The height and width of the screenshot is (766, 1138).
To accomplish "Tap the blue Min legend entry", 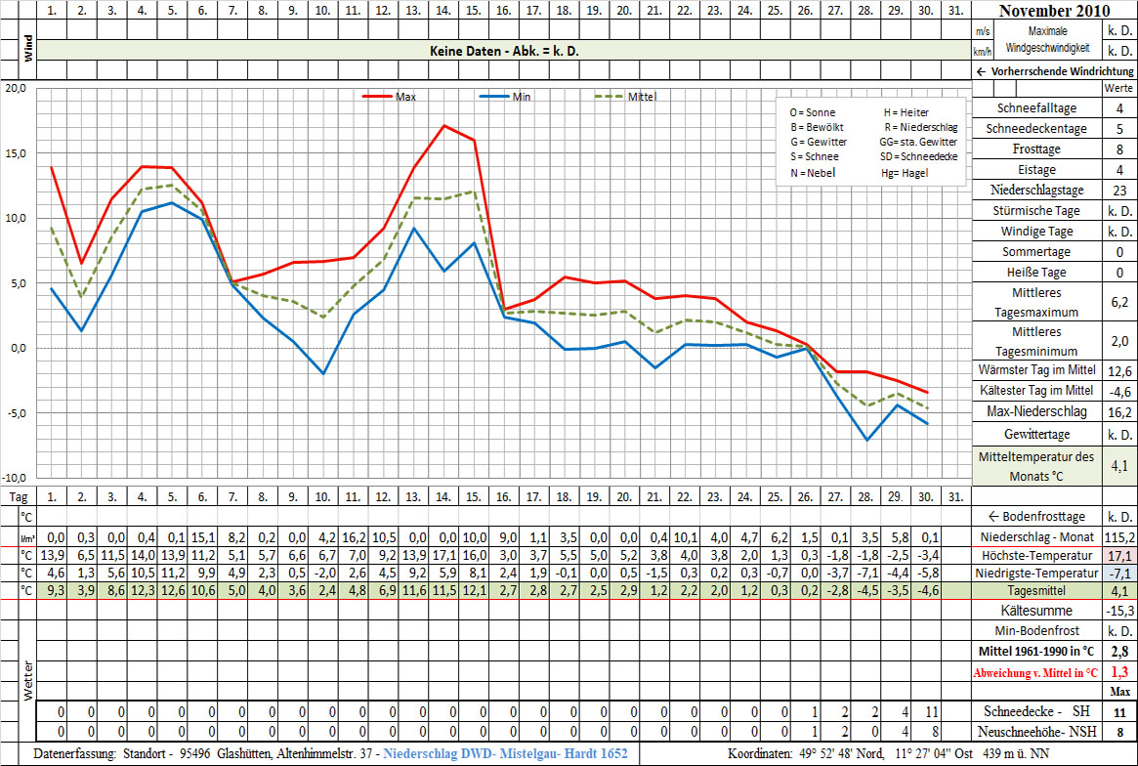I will point(507,97).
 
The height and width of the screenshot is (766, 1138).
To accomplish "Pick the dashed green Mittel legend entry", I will point(625,97).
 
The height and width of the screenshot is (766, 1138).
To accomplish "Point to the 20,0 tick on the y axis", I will point(14,88).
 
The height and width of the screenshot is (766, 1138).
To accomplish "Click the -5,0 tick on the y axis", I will point(14,413).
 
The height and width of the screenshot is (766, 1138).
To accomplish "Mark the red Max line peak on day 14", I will point(444,125).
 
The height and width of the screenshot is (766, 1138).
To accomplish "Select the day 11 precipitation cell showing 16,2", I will point(355,537).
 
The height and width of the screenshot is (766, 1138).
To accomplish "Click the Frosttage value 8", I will point(1118,149).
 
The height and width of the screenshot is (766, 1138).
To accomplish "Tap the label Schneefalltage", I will point(1035,108).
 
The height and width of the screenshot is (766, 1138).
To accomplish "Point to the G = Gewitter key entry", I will point(819,142).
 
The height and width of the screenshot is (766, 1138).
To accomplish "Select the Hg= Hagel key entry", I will point(904,173).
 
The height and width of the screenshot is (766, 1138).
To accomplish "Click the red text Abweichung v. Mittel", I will point(1036,672).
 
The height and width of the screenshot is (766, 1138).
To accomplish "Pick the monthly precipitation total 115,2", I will point(1118,537).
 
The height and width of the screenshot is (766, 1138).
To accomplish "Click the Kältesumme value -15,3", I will point(1118,610).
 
